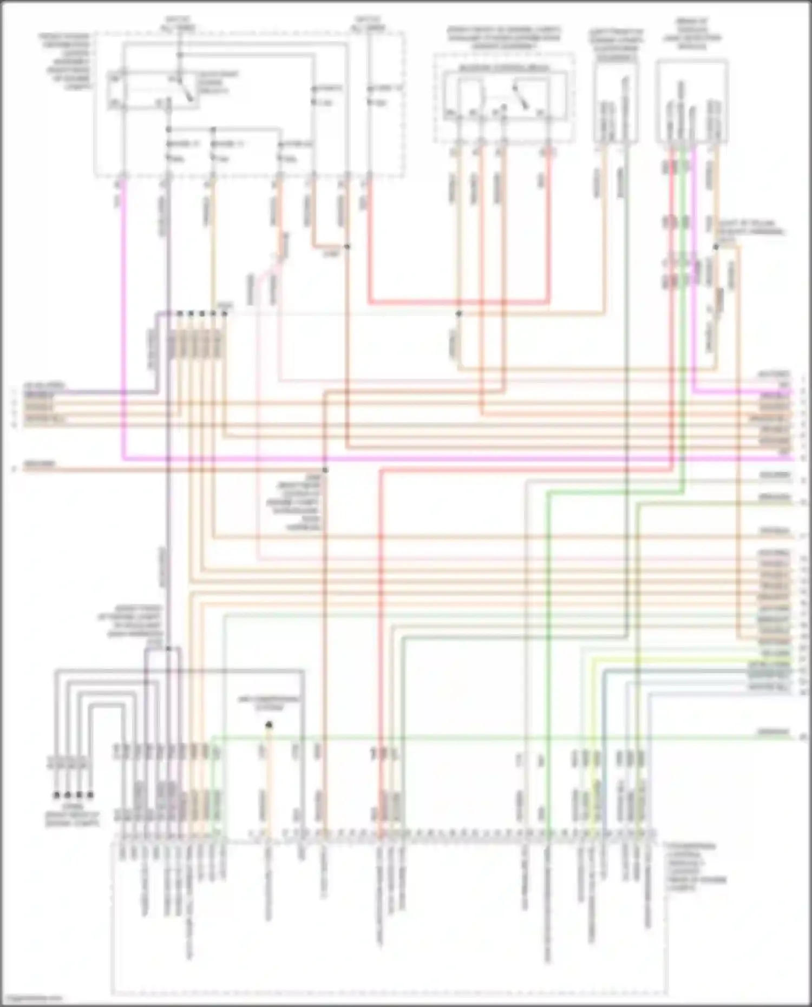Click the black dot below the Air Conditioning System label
coord(269,725)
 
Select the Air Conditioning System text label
coord(269,702)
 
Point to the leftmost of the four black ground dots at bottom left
coord(56,795)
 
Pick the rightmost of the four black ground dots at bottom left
coord(90,795)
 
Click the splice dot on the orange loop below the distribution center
coord(347,247)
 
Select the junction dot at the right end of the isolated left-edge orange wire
coord(325,470)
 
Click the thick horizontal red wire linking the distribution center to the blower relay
coord(460,302)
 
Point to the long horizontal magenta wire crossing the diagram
coord(433,459)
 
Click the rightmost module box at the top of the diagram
coord(691,102)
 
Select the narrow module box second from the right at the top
coord(616,102)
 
